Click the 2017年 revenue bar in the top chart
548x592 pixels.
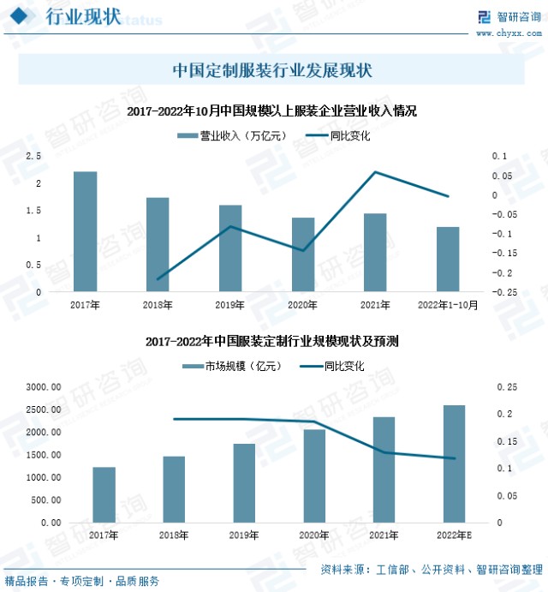tap(85, 231)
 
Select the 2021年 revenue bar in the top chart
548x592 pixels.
tap(375, 252)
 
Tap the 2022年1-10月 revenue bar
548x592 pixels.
tap(448, 259)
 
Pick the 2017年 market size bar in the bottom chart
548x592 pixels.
tap(104, 494)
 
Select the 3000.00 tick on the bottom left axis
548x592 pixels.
tap(42, 387)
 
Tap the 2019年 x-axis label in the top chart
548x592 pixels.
tap(229, 304)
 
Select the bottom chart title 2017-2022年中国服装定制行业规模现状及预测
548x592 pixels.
tap(272, 341)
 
